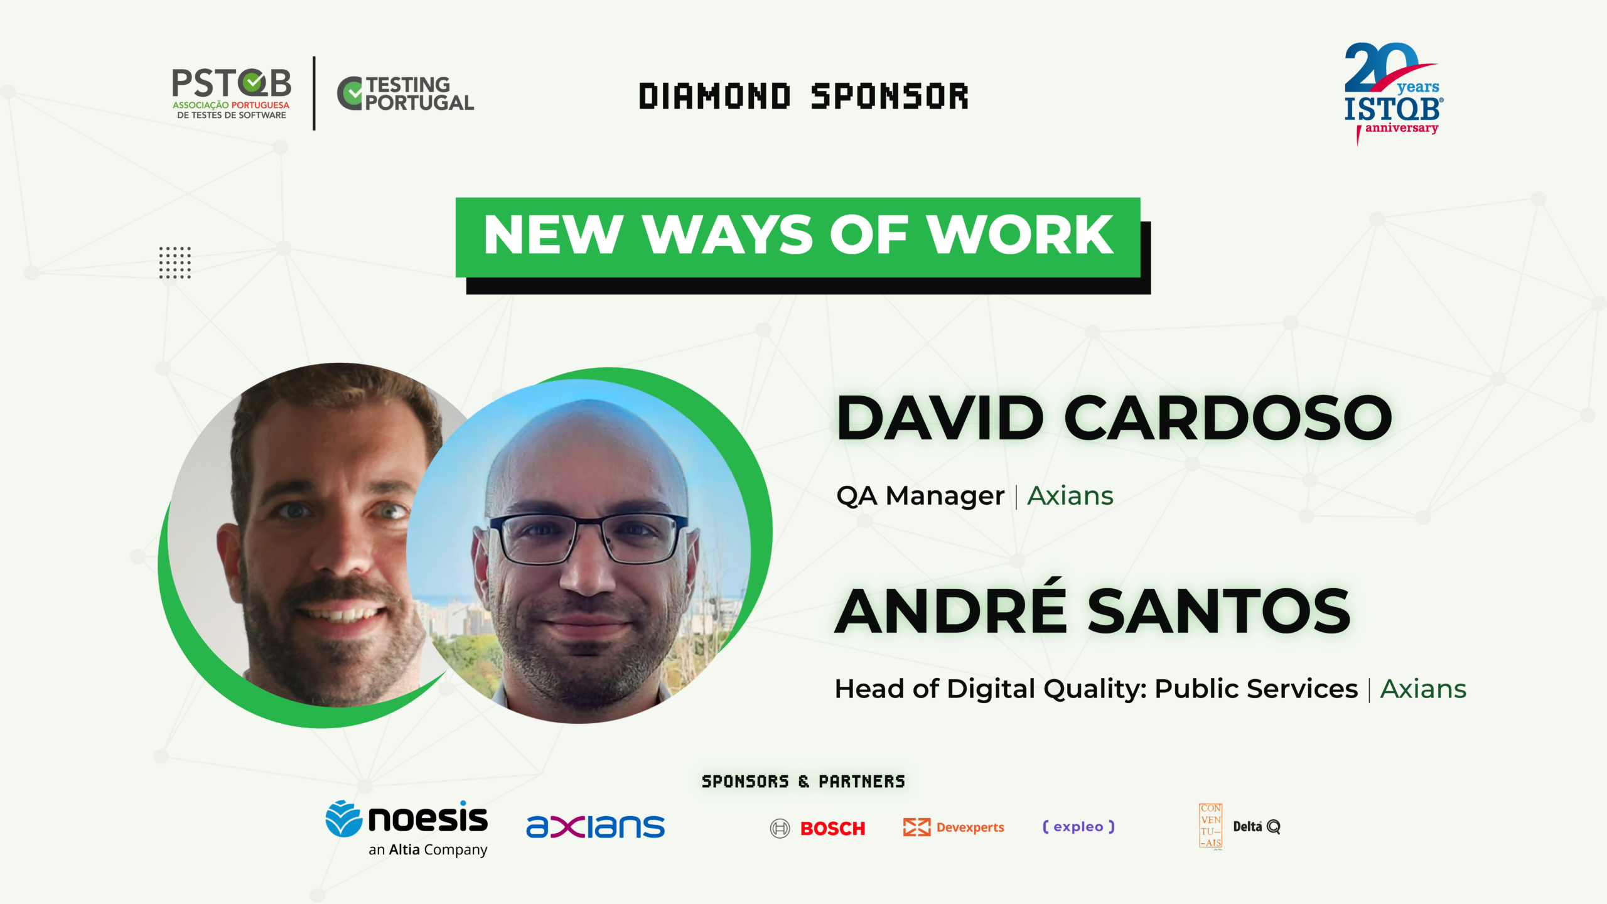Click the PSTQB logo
click(231, 94)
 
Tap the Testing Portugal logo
click(406, 94)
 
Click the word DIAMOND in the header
click(714, 97)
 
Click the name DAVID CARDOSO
click(1114, 417)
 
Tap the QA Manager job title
click(920, 496)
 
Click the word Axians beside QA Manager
click(1070, 496)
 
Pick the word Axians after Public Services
click(1423, 689)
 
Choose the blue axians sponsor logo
click(595, 827)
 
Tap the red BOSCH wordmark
click(833, 829)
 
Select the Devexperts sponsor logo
click(954, 827)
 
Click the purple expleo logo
click(1078, 827)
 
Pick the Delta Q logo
click(1257, 827)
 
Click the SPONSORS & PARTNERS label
click(803, 782)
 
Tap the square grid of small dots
click(175, 262)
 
